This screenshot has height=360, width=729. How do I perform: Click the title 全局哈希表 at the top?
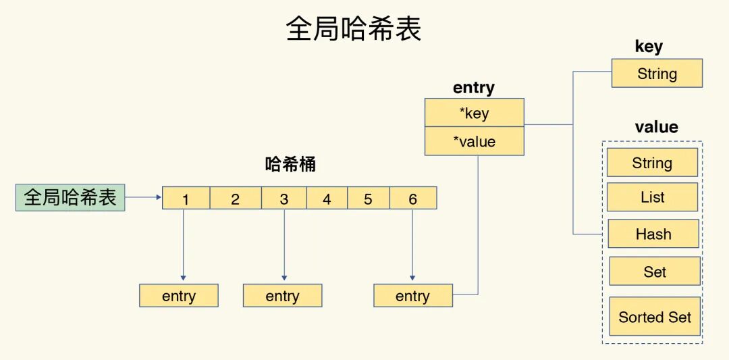[x=354, y=30]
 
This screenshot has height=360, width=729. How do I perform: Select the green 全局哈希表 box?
[x=70, y=197]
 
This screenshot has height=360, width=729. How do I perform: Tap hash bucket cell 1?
[x=186, y=199]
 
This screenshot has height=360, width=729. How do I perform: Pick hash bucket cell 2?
[x=235, y=199]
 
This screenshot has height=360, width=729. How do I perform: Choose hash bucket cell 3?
[x=283, y=199]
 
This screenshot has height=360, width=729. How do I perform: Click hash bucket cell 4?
[x=327, y=199]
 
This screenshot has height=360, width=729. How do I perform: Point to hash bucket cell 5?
[x=368, y=199]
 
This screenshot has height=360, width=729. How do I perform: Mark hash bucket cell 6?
[x=412, y=199]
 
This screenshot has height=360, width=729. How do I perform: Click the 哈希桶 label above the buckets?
[x=290, y=164]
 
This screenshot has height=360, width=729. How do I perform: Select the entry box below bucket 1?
[x=179, y=296]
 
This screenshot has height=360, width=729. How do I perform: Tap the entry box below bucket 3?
[x=282, y=296]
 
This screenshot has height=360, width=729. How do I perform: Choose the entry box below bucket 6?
[x=412, y=296]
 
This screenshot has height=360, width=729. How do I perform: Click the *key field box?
[x=474, y=113]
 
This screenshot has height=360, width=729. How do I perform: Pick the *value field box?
[x=474, y=141]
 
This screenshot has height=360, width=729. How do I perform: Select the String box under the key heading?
[x=657, y=74]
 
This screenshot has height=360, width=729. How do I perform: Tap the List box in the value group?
[x=652, y=197]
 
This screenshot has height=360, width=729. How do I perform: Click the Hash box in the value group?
[x=653, y=234]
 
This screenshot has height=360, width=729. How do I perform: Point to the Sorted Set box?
[x=655, y=317]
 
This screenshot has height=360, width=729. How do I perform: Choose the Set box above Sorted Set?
[x=654, y=272]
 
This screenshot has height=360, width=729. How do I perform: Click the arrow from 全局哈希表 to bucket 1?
[x=143, y=198]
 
